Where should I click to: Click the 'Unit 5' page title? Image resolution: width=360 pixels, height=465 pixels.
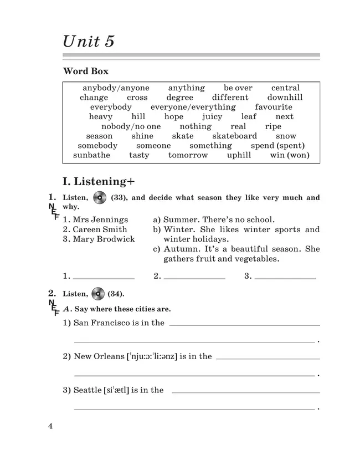click(89, 41)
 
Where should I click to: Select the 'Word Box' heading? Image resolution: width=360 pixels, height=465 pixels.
click(86, 71)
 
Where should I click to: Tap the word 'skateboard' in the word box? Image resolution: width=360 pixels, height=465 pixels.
click(234, 136)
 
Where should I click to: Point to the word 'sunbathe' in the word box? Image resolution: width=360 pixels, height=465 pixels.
click(91, 155)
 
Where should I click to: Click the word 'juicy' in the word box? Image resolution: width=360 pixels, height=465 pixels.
click(212, 117)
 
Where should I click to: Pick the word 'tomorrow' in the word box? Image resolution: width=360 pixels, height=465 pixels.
click(188, 155)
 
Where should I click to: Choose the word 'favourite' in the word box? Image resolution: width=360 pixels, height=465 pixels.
click(274, 107)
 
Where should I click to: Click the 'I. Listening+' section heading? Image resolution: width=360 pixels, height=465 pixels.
click(100, 181)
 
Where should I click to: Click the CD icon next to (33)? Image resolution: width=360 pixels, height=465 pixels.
click(100, 198)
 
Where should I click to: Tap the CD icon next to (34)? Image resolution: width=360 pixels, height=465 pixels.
click(98, 294)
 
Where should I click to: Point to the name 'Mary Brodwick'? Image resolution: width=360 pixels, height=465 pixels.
click(104, 239)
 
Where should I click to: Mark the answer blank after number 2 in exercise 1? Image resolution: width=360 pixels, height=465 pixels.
click(194, 277)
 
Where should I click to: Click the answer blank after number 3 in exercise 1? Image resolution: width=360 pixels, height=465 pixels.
click(285, 277)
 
